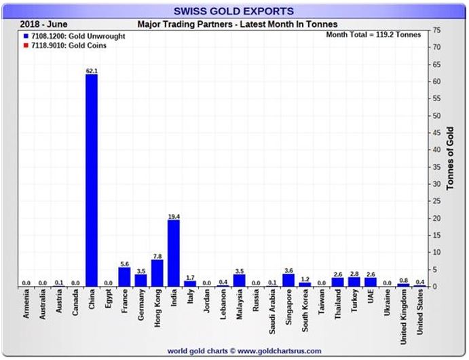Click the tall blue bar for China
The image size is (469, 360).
coord(91,180)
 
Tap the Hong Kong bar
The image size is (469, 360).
coord(157,272)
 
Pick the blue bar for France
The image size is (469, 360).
coord(124,276)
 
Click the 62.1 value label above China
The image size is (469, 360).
coord(92,70)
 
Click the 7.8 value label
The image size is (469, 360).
coord(157,255)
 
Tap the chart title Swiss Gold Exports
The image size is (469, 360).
coord(233,11)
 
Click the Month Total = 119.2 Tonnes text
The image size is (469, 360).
coord(373,34)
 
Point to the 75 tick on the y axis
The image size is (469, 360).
coord(439,31)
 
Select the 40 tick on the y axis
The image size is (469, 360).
coord(439,150)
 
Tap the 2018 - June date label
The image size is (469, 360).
coord(44,24)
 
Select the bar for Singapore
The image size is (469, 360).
coord(288,280)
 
